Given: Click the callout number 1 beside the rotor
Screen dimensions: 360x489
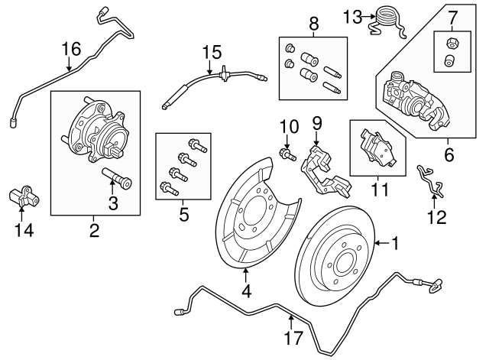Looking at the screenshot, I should pos(396,244).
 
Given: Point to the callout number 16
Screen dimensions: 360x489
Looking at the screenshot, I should pos(70,50).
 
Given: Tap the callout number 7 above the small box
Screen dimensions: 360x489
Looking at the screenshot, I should pos(452,17).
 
